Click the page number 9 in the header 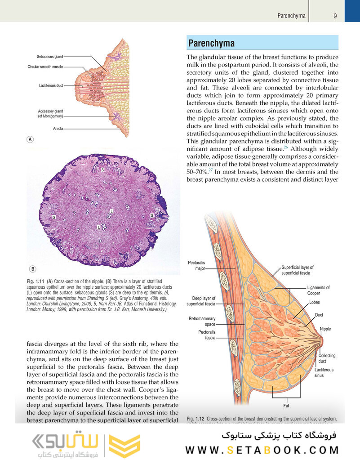tap(335, 16)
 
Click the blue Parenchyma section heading tap(211, 43)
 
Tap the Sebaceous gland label tap(50, 57)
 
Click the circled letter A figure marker tap(30, 140)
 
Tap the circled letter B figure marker tap(33, 269)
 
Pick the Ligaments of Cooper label tap(319, 290)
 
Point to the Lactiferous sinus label tap(324, 372)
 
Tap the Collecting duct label tap(327, 358)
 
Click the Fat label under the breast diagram tap(286, 406)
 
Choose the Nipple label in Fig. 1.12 tap(325, 329)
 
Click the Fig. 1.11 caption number tap(36, 281)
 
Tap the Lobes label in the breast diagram tap(315, 303)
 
